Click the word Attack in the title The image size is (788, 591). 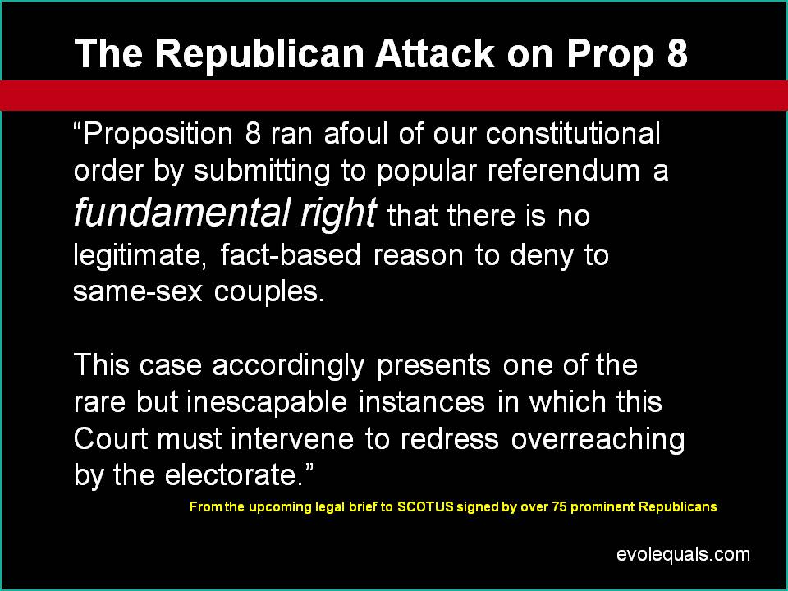click(x=435, y=53)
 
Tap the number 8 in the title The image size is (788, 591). click(x=677, y=53)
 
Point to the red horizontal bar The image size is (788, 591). click(x=394, y=95)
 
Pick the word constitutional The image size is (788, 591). click(x=573, y=134)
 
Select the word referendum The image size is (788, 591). click(x=564, y=171)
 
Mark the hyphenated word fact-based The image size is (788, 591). click(x=291, y=254)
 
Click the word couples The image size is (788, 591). click(x=269, y=292)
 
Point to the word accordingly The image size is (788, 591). click(x=288, y=366)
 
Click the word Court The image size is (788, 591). click(x=111, y=438)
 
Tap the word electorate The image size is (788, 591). click(x=234, y=474)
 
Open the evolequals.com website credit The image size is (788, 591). click(x=683, y=554)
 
